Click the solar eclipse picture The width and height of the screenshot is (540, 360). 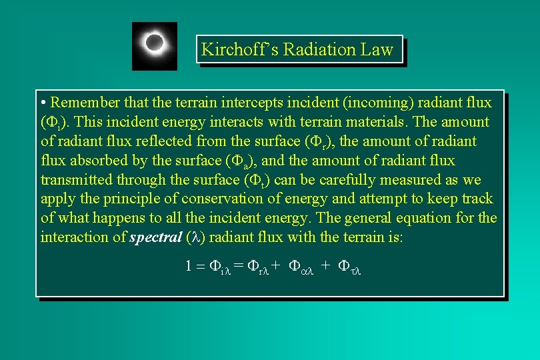pos(155,45)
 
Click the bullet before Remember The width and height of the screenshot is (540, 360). pos(43,103)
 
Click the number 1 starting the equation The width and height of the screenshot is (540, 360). pos(189,266)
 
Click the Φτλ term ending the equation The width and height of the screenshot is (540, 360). pos(349,266)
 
